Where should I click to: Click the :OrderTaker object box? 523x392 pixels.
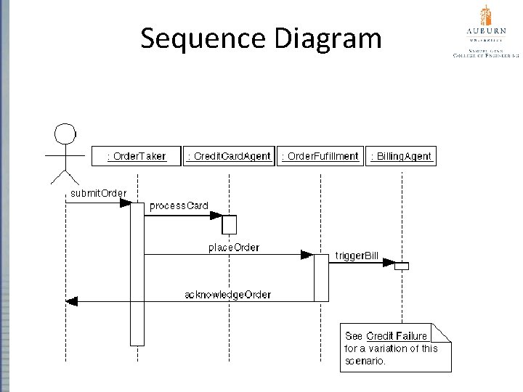136,156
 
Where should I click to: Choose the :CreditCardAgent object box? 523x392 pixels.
229,156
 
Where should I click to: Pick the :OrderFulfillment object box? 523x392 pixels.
320,156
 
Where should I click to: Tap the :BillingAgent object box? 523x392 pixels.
402,156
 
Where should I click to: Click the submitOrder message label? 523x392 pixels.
98,192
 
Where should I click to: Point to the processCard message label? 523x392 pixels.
179,205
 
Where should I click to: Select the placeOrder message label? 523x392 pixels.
234,248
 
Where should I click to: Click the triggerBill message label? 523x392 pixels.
357,256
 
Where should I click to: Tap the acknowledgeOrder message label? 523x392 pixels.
227,294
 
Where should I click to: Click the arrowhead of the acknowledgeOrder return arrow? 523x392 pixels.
71,301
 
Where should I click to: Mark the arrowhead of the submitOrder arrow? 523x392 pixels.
124,203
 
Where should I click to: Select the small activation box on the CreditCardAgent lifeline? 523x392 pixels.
230,224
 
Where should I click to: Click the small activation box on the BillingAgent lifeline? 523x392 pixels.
402,266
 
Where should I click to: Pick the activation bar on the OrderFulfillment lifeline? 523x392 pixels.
320,277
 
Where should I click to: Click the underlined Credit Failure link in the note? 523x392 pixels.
397,336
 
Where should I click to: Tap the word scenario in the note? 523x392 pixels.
365,360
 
